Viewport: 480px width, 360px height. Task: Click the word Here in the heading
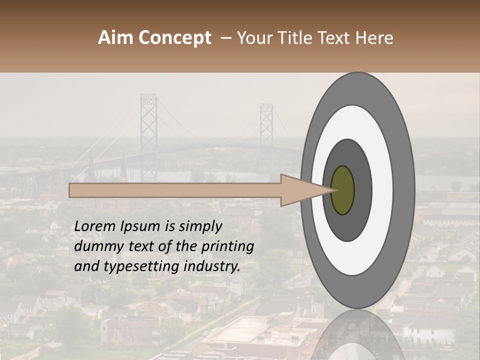click(374, 38)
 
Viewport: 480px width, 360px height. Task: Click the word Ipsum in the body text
click(140, 226)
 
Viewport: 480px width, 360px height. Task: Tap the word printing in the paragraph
click(228, 246)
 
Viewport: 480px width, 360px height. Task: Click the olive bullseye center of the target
click(343, 190)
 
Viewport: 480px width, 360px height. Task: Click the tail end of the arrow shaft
click(72, 190)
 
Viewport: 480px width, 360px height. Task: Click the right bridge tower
click(266, 130)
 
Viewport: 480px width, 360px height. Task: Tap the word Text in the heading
click(337, 38)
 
